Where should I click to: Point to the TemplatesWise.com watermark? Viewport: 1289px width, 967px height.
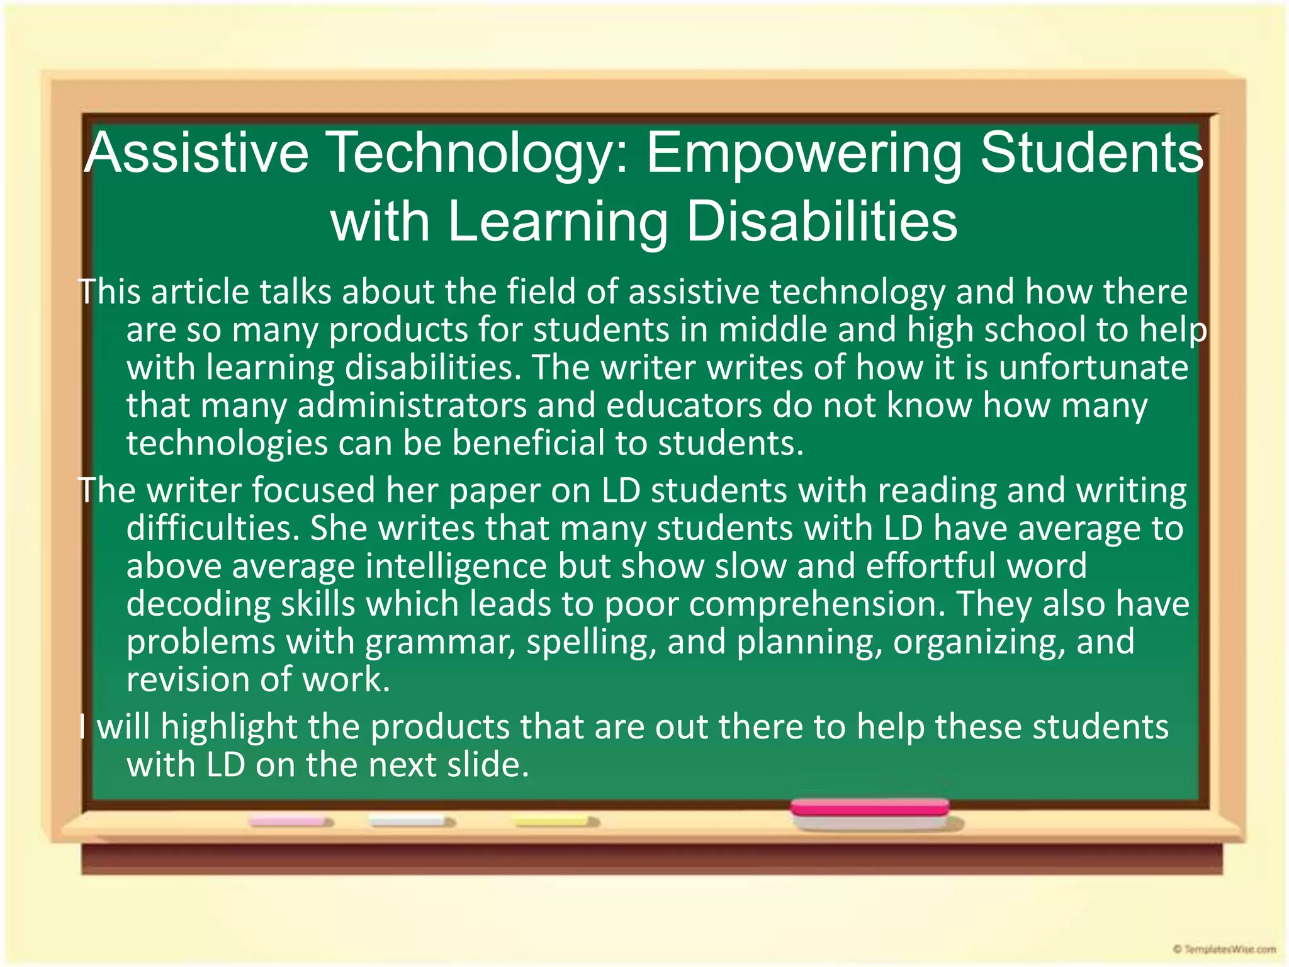coord(1224,949)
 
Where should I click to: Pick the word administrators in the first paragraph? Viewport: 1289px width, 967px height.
coord(412,405)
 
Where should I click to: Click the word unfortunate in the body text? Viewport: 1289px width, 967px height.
coord(1093,368)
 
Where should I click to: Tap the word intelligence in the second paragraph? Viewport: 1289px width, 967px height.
coord(456,566)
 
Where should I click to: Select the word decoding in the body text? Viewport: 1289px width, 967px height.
coord(198,604)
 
